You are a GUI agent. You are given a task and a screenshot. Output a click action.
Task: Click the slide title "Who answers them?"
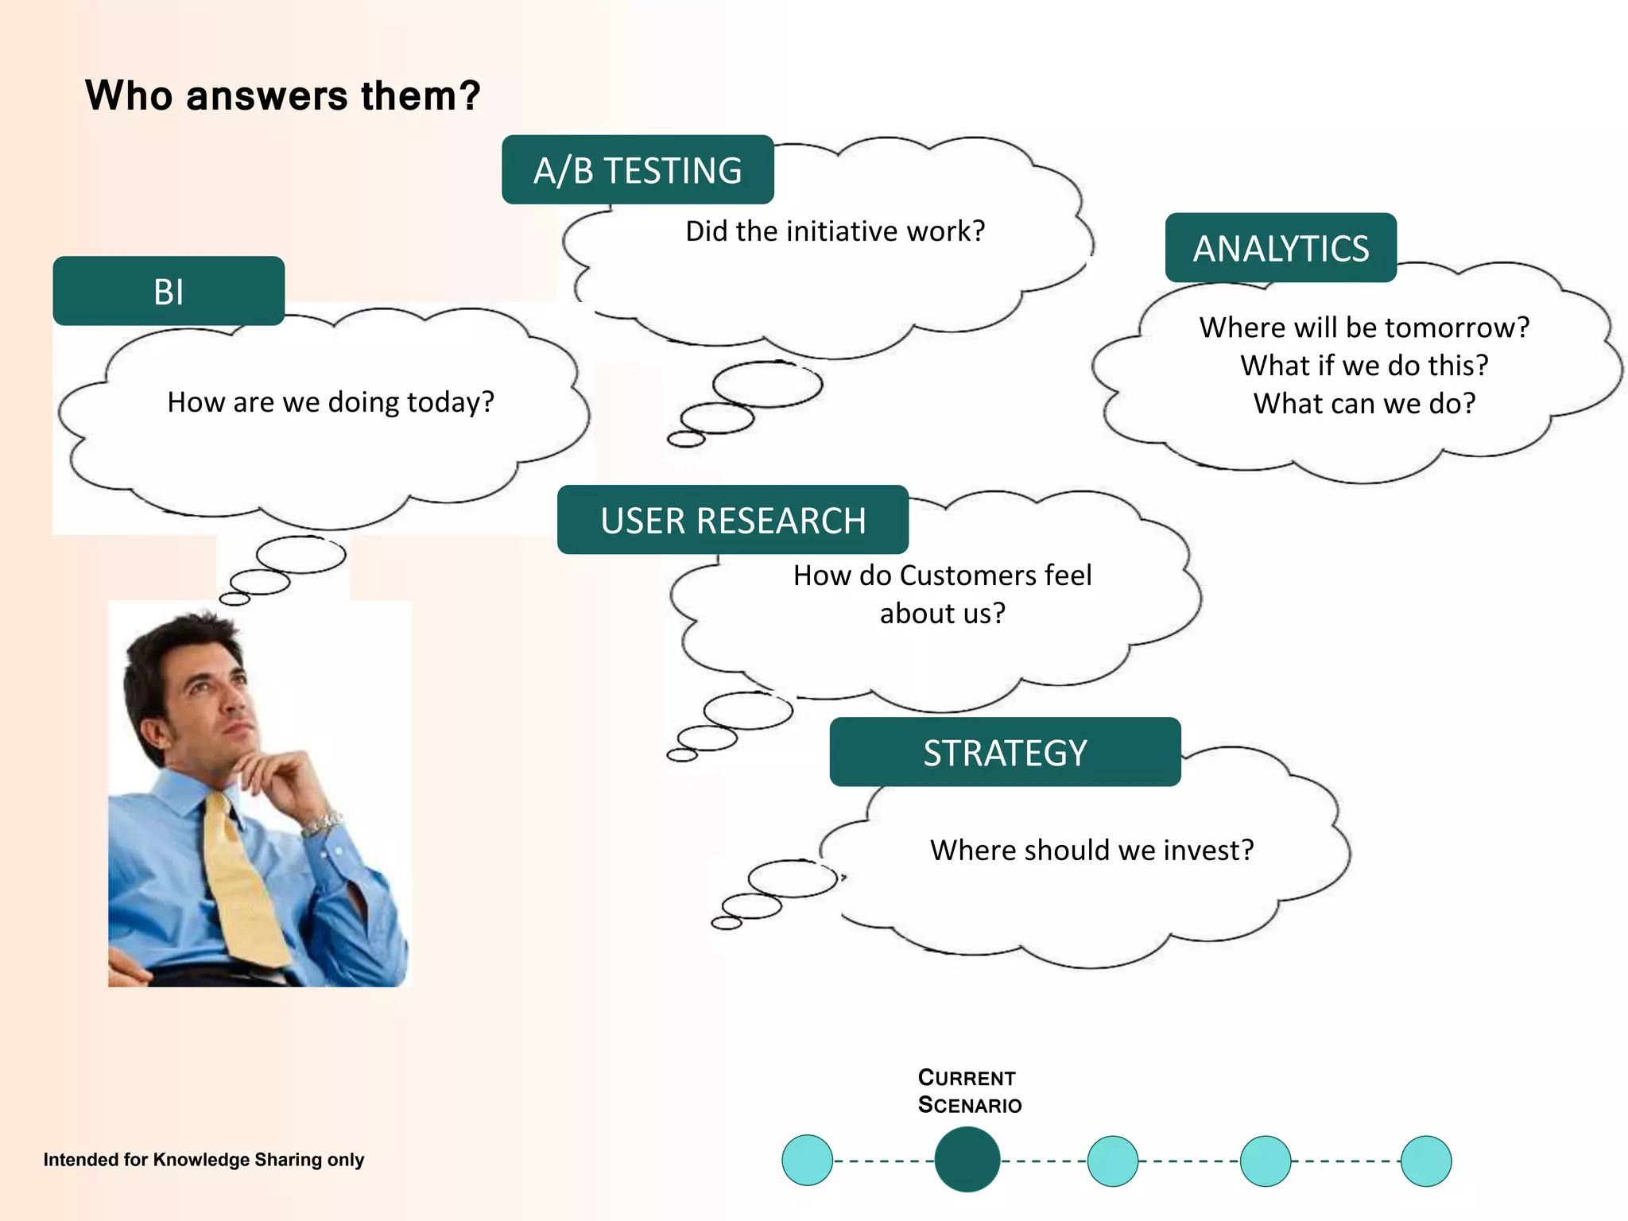(282, 96)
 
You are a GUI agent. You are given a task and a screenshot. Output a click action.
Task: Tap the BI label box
(169, 291)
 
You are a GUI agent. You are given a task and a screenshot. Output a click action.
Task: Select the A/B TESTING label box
(638, 170)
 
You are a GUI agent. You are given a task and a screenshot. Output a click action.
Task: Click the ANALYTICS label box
(1281, 248)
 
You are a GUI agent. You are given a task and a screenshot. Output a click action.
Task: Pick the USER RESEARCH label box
(732, 520)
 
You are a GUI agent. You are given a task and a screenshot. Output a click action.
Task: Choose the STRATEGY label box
(1005, 752)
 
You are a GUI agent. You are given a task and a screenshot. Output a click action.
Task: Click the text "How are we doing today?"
(331, 402)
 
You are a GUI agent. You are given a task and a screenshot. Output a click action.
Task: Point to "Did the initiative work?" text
(835, 231)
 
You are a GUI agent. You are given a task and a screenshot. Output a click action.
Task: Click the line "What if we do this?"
(1364, 366)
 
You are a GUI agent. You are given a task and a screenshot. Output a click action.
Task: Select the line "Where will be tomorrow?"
(1364, 328)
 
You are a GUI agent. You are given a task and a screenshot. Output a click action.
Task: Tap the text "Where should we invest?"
(1091, 851)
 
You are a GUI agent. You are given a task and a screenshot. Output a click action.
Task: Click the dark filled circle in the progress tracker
(967, 1160)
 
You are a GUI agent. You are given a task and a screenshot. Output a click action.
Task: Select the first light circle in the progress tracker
(807, 1161)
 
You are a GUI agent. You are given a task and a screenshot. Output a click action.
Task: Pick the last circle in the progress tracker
(1426, 1161)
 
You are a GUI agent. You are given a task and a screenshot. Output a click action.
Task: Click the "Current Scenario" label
(969, 1091)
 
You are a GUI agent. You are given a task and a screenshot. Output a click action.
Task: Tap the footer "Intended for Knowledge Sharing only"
(203, 1160)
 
